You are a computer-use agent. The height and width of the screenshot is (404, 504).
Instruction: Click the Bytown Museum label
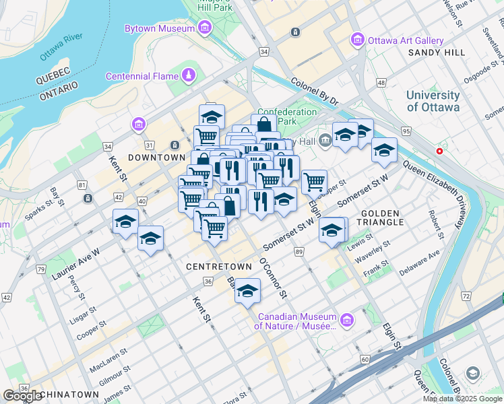pos(160,28)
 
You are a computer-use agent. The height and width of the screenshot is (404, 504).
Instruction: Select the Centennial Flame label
pos(141,75)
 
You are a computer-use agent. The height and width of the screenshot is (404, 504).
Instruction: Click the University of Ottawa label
pos(433,101)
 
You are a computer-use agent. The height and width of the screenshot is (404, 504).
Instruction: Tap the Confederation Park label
pos(286,116)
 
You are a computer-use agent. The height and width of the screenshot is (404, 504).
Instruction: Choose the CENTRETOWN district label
pos(214,267)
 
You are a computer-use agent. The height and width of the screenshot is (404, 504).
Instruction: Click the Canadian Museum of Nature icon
pos(347,318)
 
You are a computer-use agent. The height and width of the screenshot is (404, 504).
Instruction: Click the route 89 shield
pos(298,251)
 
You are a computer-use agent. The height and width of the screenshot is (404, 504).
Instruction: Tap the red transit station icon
pos(440,151)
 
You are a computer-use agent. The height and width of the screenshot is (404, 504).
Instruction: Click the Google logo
pos(22,396)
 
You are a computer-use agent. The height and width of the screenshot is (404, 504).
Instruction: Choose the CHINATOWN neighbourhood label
pos(69,394)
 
